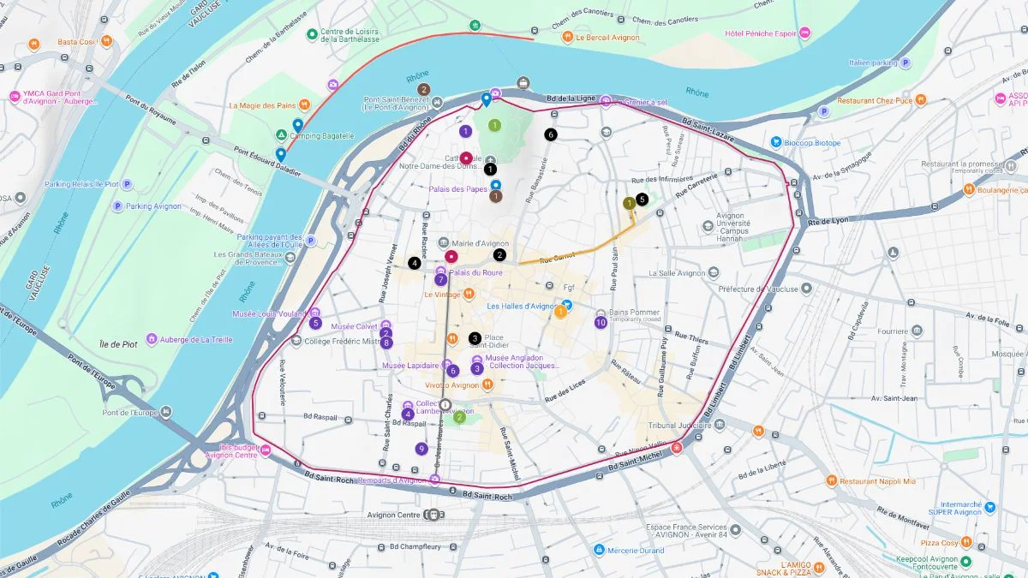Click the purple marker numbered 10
[601, 322]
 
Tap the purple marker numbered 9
[421, 449]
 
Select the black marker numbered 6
[550, 134]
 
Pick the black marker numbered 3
[475, 338]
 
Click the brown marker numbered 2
[422, 89]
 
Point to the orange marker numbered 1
[560, 312]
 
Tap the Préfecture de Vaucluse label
[758, 289]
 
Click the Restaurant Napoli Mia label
[877, 481]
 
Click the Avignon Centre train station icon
[433, 515]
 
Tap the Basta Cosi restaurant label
[76, 42]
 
